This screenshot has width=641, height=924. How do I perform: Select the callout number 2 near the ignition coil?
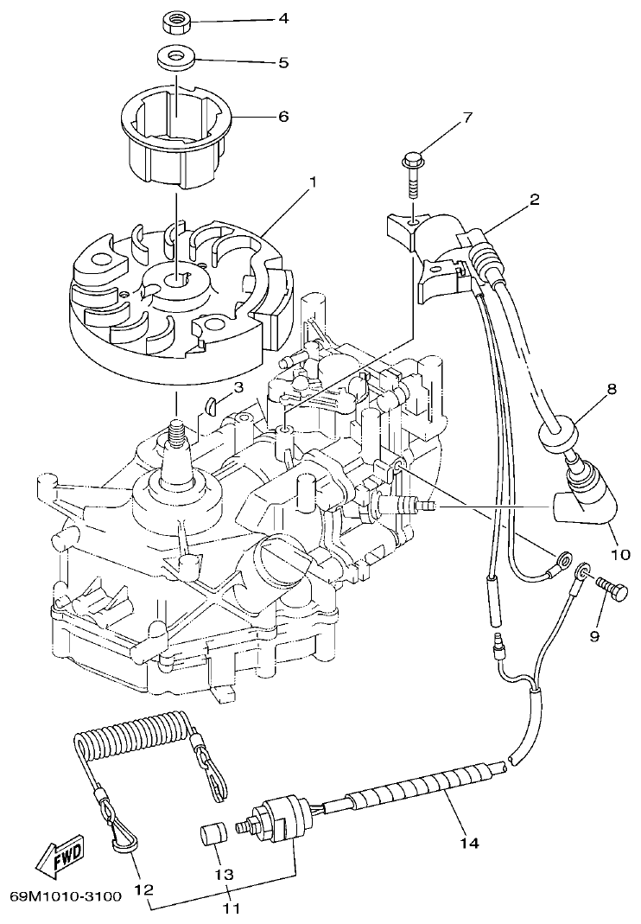pos(535,201)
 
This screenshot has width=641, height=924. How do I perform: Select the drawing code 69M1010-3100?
pos(67,896)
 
